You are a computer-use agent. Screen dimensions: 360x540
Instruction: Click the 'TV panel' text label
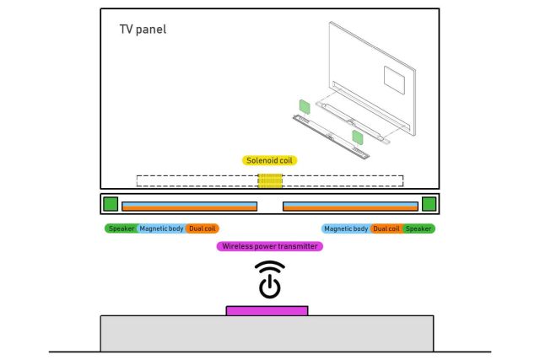point(143,30)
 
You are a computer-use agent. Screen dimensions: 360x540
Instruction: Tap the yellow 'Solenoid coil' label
point(270,159)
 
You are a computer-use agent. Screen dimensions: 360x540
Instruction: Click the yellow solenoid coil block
point(270,181)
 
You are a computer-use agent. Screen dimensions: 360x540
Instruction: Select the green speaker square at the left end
point(111,203)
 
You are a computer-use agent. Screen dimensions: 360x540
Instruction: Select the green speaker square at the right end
point(429,203)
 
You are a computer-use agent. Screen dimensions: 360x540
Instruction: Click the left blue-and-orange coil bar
point(189,206)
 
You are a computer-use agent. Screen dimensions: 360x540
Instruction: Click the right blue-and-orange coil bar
point(350,206)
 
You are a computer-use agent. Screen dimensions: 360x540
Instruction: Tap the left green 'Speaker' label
point(121,228)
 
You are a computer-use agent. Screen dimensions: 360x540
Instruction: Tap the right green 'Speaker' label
point(418,228)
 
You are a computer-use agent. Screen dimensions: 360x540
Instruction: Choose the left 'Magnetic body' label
point(161,228)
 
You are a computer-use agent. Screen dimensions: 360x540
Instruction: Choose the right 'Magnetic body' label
point(346,228)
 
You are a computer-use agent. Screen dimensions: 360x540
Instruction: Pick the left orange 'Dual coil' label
point(202,228)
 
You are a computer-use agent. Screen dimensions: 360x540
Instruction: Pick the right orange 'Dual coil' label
point(386,228)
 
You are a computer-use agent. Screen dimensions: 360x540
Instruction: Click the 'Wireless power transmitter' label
point(270,246)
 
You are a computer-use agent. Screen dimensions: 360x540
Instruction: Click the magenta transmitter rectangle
point(267,310)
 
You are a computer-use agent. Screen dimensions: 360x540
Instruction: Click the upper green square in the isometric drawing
point(303,107)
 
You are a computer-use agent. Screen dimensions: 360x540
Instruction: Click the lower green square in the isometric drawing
point(358,137)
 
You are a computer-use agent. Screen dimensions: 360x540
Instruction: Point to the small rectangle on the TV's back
point(396,78)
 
